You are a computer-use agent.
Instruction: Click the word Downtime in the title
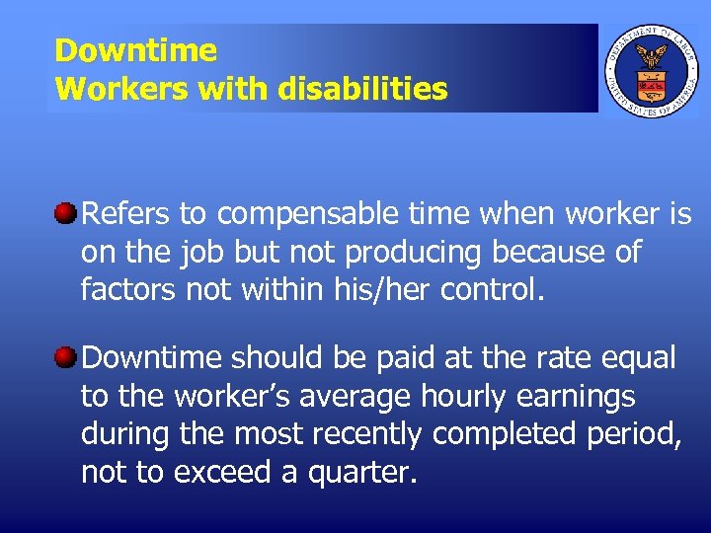[135, 50]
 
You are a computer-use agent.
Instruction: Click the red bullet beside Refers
[66, 212]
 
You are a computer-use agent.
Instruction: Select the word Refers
[125, 214]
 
